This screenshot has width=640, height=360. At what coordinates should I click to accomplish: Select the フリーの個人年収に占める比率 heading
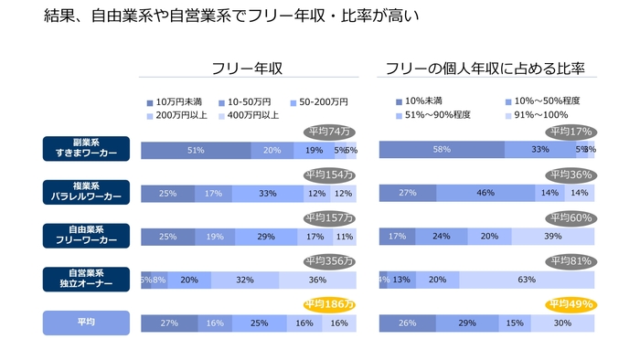(485, 68)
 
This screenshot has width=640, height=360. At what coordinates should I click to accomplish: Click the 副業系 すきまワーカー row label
(86, 149)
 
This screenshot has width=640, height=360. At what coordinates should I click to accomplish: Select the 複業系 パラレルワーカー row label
(86, 192)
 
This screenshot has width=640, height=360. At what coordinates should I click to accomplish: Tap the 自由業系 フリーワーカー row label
(86, 236)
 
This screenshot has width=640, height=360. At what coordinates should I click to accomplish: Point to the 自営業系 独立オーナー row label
(86, 279)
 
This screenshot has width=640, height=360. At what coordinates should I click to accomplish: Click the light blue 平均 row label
(86, 323)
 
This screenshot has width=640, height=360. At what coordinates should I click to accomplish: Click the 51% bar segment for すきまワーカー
(195, 150)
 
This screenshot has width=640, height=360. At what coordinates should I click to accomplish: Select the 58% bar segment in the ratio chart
(442, 150)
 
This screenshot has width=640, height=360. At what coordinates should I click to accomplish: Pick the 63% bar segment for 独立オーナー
(526, 281)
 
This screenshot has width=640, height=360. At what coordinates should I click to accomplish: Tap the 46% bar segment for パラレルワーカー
(486, 193)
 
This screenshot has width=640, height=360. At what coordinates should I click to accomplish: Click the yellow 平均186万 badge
(328, 304)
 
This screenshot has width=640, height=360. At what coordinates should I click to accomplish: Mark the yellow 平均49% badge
(571, 304)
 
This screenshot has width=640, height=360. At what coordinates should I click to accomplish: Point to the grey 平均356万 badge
(328, 261)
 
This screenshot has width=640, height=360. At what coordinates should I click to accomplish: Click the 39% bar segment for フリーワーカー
(552, 237)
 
